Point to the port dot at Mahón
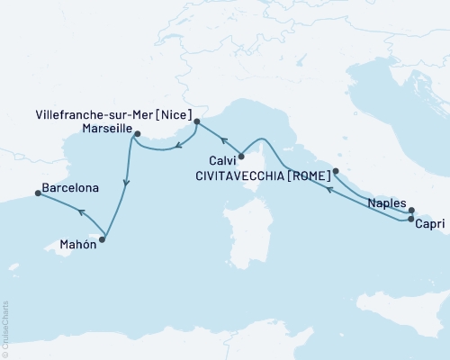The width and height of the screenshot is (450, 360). click(x=103, y=238)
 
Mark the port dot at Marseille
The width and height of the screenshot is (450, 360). click(x=136, y=134)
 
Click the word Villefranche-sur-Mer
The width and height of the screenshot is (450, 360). click(x=88, y=115)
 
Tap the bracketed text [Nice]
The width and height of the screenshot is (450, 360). click(x=174, y=115)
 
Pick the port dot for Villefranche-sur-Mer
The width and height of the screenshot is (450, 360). click(x=196, y=120)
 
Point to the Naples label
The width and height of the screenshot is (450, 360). click(x=388, y=204)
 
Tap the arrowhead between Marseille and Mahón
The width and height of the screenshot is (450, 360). click(x=126, y=184)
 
